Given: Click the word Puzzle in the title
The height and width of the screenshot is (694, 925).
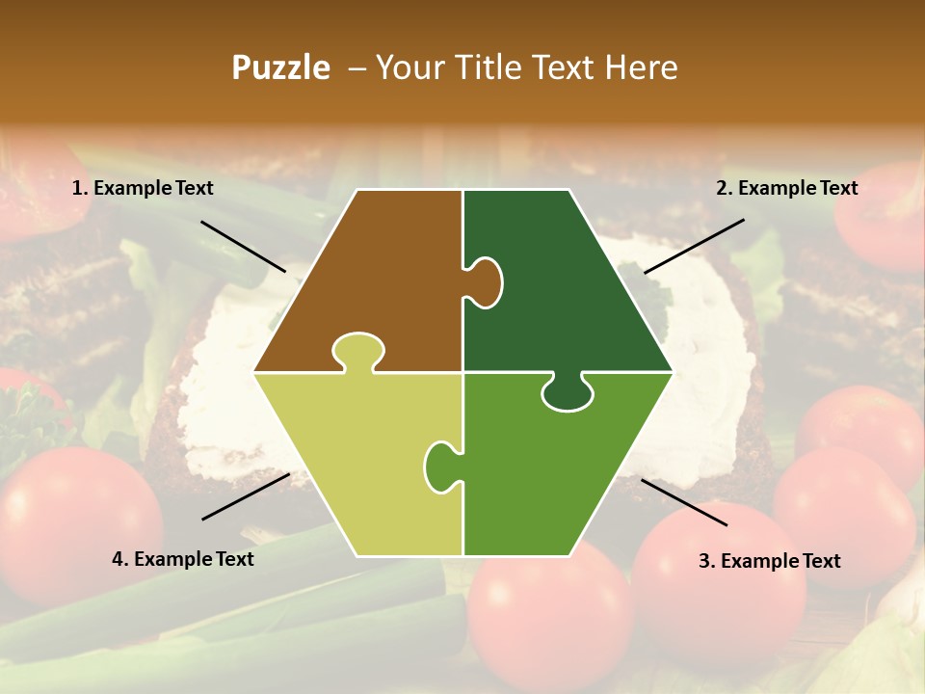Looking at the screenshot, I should click(x=280, y=67).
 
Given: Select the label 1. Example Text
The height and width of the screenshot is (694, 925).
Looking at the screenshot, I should click(x=143, y=189).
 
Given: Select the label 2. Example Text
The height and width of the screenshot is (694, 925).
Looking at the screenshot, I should click(x=786, y=189).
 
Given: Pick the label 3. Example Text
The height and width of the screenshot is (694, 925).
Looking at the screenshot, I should click(x=769, y=561).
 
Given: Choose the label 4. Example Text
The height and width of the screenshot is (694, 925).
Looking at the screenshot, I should click(x=182, y=559).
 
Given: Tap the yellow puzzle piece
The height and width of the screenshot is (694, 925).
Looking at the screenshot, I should click(x=357, y=463).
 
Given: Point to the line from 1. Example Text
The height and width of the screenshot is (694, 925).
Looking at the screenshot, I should click(x=243, y=246).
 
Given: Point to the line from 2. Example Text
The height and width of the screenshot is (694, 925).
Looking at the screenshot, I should click(x=694, y=246).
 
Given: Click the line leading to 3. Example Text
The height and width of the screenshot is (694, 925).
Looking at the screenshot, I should click(x=684, y=502).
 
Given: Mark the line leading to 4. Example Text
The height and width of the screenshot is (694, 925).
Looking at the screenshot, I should click(x=246, y=496).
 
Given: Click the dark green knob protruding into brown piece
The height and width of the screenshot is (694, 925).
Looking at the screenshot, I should click(x=485, y=282).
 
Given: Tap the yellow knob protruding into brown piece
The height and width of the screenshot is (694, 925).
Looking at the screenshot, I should click(x=357, y=351).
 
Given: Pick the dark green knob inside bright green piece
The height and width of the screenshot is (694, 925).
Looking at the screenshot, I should click(x=568, y=392).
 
